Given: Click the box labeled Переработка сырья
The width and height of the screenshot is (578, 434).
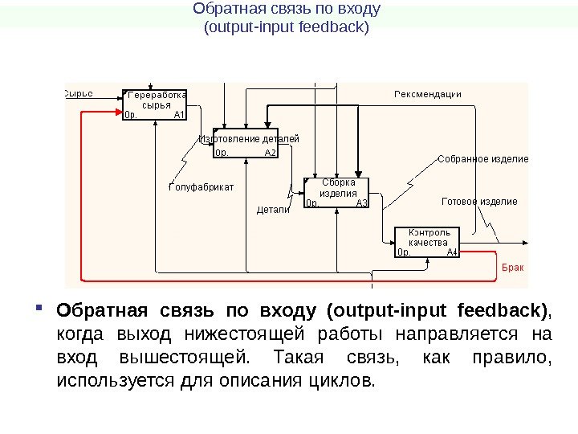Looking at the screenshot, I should [x=155, y=104].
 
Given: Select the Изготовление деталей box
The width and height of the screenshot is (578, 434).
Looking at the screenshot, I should [x=246, y=143].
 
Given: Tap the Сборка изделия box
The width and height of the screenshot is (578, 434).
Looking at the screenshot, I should [x=337, y=192].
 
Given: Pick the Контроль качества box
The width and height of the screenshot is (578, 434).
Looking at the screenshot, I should [x=428, y=240].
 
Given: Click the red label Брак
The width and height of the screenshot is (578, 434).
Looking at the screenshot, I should [x=512, y=267].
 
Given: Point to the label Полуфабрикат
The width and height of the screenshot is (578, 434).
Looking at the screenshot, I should [x=201, y=187].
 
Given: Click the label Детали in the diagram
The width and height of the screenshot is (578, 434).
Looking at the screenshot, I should [x=272, y=210].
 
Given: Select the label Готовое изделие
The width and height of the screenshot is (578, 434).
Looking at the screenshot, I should [x=479, y=201].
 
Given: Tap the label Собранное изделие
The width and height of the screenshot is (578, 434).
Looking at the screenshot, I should [x=482, y=159].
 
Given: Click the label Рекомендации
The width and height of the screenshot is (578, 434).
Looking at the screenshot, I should [x=427, y=94].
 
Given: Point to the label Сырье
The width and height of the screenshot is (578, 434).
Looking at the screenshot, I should [x=78, y=93].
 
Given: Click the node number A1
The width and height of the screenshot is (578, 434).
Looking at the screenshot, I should [x=179, y=115].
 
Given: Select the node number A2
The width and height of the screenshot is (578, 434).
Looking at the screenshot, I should [x=271, y=152].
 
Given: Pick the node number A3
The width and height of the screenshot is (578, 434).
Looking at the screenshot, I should [x=362, y=203].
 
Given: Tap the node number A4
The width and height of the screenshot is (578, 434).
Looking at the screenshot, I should [x=453, y=252].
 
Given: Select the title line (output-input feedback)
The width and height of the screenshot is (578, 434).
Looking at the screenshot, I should [x=287, y=27].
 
